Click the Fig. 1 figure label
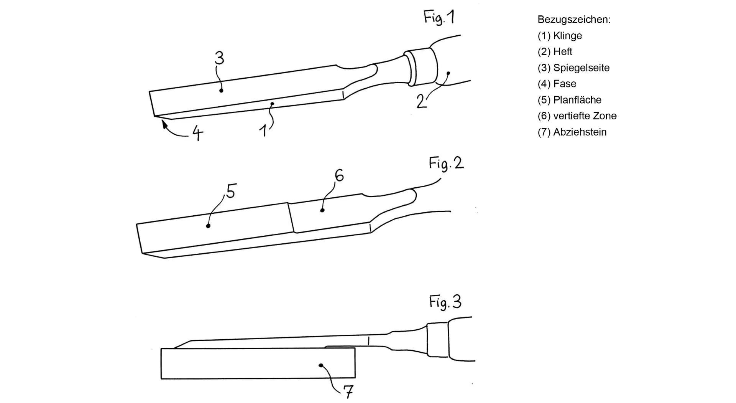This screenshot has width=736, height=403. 439,18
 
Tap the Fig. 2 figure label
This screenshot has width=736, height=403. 446,164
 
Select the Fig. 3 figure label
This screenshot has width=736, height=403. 445,302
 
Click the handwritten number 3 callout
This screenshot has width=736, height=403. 219,58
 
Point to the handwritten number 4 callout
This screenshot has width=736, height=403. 197,133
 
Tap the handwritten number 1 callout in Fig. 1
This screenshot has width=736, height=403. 263,131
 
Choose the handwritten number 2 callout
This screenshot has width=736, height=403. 421,101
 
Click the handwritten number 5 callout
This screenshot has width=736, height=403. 231,191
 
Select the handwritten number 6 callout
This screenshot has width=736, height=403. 339,175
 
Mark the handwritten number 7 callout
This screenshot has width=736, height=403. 348,392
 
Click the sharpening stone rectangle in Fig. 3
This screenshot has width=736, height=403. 258,363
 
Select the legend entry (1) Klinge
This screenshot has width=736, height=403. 560,36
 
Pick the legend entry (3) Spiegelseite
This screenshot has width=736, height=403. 573,68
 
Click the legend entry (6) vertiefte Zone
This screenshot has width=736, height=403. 577,116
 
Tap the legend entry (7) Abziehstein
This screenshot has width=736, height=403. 572,132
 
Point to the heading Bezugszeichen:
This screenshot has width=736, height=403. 574,20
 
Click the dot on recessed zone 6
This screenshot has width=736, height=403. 322,210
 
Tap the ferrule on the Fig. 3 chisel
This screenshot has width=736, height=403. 437,340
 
